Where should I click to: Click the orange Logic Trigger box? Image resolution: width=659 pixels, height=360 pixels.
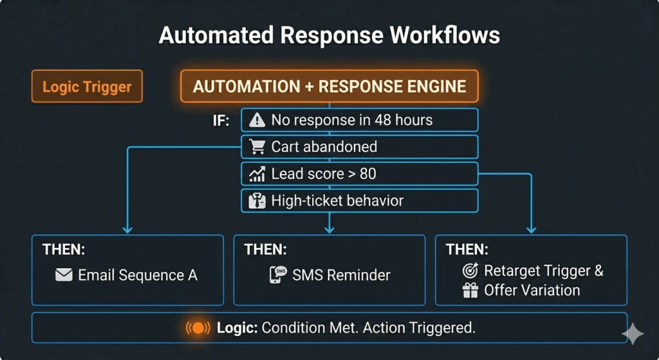click(87, 87)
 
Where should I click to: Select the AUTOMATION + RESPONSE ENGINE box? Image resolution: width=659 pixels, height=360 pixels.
click(329, 86)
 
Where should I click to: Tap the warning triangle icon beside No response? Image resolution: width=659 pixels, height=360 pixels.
click(257, 120)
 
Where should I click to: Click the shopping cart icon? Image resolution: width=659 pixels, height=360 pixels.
click(257, 147)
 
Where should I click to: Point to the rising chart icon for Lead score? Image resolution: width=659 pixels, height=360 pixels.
click(257, 174)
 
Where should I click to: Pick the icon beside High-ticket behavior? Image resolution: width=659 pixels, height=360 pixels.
click(257, 201)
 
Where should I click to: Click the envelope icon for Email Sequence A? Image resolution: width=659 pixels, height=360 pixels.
click(64, 276)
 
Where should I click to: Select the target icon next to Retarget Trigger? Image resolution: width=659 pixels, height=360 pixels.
click(470, 271)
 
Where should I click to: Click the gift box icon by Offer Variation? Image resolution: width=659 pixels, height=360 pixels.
click(470, 290)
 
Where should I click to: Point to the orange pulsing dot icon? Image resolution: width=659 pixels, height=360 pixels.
click(198, 328)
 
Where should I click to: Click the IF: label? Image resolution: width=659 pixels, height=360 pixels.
click(221, 120)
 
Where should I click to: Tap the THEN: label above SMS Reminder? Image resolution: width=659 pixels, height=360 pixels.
click(266, 249)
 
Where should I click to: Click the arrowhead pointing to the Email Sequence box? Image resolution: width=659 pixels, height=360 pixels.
click(127, 228)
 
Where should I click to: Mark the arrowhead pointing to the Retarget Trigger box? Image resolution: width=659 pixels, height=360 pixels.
click(532, 228)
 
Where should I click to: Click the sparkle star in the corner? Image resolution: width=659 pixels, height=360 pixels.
click(633, 334)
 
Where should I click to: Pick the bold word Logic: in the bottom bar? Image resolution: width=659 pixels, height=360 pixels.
click(237, 328)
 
